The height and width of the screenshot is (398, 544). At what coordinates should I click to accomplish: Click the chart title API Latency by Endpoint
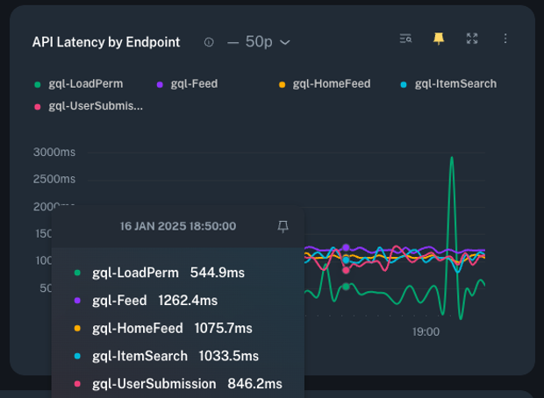click(105, 42)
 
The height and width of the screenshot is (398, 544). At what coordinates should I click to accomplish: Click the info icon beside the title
click(209, 42)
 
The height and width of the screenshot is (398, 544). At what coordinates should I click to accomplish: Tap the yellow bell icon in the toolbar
click(439, 39)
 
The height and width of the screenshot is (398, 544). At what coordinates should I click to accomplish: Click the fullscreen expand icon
click(472, 39)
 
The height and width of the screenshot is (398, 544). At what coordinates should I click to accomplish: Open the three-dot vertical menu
click(505, 39)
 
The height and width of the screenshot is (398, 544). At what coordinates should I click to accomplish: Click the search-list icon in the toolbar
click(405, 39)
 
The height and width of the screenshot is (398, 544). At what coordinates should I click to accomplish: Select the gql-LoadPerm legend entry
click(85, 84)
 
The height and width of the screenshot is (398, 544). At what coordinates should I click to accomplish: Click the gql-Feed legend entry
click(194, 84)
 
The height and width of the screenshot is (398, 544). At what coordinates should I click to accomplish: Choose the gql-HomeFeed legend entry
click(331, 84)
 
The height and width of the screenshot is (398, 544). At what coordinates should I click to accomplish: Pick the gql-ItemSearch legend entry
click(455, 84)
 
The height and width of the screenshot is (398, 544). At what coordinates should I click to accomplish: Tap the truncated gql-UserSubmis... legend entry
click(96, 106)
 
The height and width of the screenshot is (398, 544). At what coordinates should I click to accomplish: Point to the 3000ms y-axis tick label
click(54, 152)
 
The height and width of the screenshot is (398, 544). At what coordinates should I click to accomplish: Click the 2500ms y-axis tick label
click(54, 179)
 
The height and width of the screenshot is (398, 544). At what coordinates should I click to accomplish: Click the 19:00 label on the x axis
click(426, 332)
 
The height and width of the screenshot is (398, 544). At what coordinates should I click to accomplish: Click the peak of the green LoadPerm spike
click(452, 159)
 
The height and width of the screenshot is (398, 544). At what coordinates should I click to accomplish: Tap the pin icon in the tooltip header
click(283, 226)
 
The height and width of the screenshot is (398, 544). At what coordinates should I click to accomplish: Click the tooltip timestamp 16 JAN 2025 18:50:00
click(178, 226)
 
